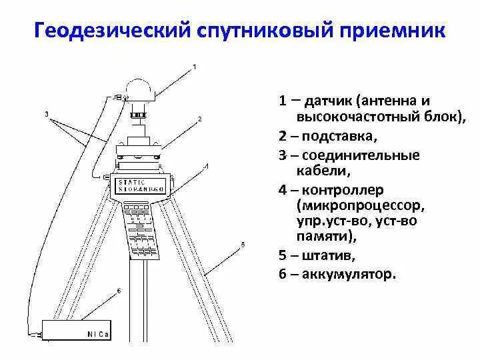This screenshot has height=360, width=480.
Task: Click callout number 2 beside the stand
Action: tap(199, 119)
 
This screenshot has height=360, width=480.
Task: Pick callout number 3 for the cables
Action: tap(47, 114)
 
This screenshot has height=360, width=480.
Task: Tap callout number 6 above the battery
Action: tap(118, 291)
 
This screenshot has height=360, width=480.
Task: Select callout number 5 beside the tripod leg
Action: tap(243, 245)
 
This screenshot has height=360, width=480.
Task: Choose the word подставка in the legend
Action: tap(339, 137)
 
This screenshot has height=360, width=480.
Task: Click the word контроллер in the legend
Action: tap(345, 189)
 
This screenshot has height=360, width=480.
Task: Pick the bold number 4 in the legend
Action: tap(283, 189)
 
